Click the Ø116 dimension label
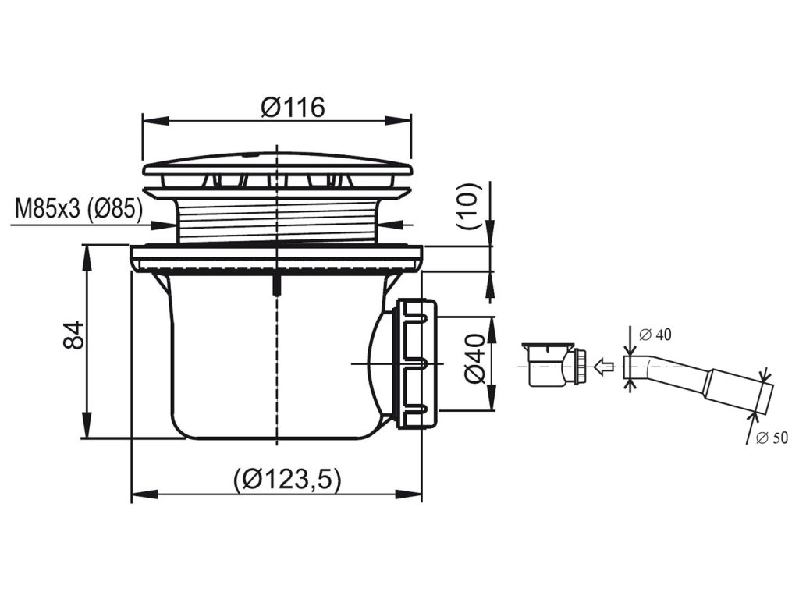tap(293, 108)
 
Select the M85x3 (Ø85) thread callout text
tap(80, 209)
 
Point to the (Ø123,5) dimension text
tap(287, 479)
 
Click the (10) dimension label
tap(469, 206)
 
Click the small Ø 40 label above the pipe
tap(655, 335)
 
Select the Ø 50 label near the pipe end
tap(772, 438)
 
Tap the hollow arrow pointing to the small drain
tap(602, 367)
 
